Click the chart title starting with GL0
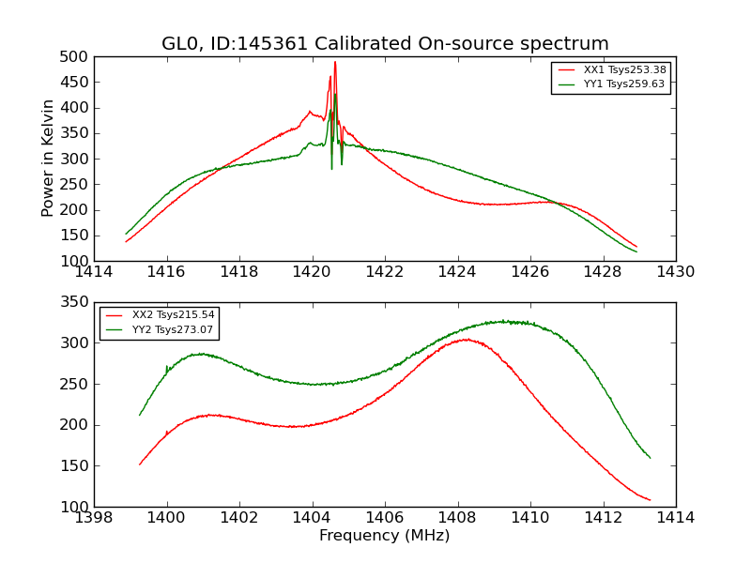pyautogui.click(x=385, y=44)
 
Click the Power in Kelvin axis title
pyautogui.click(x=49, y=159)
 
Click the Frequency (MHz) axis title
pyautogui.click(x=385, y=536)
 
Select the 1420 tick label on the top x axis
pyautogui.click(x=312, y=272)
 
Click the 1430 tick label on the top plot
pyautogui.click(x=675, y=272)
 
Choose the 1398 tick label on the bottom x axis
pyautogui.click(x=95, y=518)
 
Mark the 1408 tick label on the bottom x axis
pyautogui.click(x=457, y=518)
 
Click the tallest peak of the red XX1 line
pyautogui.click(x=335, y=62)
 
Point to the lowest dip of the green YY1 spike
pyautogui.click(x=331, y=169)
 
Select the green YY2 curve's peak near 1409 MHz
pyautogui.click(x=505, y=321)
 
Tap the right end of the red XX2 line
pyautogui.click(x=650, y=500)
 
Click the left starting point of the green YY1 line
pyautogui.click(x=126, y=234)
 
